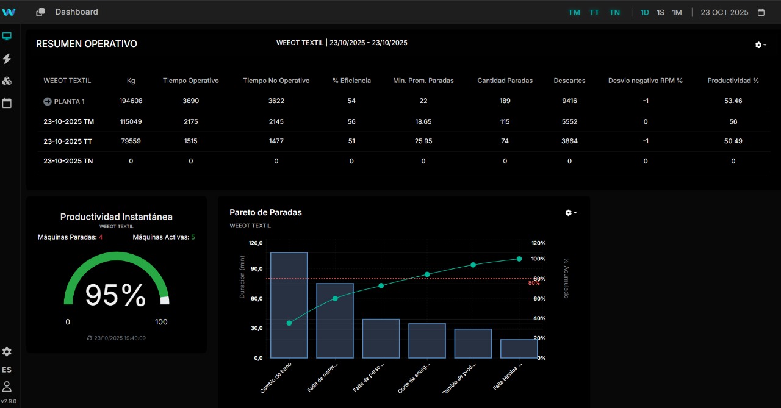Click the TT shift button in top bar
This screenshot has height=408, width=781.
pos(594,12)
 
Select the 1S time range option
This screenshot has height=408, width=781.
pos(661,12)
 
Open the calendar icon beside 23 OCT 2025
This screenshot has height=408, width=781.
pos(761,12)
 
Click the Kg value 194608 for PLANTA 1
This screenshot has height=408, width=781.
pos(131,101)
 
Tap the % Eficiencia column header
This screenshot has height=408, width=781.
pos(351,81)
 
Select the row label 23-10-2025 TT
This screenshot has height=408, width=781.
pos(68,141)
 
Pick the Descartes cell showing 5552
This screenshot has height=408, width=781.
pos(569,121)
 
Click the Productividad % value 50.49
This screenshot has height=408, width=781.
pos(733,141)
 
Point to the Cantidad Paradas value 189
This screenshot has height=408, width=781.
pos(505,101)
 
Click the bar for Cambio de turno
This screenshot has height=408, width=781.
pos(289,305)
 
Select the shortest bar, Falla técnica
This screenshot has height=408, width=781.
pos(519,349)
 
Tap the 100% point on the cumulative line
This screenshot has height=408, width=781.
pos(519,259)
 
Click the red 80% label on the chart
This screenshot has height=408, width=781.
pos(534,283)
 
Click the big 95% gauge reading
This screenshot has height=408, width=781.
pos(115,295)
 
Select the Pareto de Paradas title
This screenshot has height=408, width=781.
pos(265,212)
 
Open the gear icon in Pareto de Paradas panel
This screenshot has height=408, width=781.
pos(570,213)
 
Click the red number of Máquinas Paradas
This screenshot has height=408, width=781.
pos(101,237)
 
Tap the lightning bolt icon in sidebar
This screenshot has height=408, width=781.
pos(7,59)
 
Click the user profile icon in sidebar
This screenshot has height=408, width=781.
pos(7,386)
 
